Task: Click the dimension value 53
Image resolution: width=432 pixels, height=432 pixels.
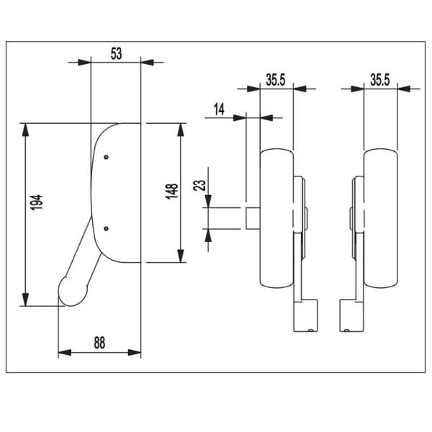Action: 116,54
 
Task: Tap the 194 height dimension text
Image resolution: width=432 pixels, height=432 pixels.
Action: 37,202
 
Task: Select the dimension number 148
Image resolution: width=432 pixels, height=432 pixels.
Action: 171,192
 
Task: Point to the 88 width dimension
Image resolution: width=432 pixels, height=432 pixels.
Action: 99,343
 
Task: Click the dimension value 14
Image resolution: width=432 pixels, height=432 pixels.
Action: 219,109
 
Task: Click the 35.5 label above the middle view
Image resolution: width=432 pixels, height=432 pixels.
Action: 276,80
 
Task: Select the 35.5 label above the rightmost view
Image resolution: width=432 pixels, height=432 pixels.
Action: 380,80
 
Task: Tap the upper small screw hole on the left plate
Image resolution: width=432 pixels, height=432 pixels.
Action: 107,157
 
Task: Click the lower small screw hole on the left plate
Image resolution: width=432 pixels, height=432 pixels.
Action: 107,228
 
